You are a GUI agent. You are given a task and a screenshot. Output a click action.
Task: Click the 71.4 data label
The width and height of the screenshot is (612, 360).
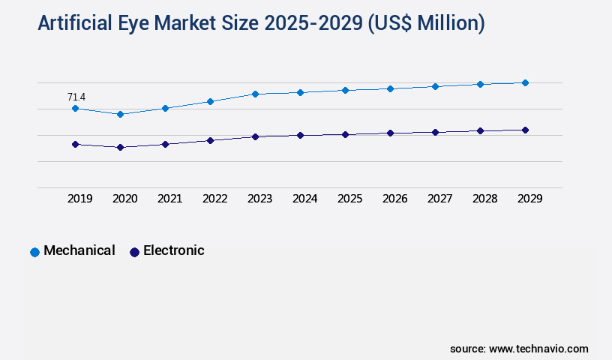pos(76,97)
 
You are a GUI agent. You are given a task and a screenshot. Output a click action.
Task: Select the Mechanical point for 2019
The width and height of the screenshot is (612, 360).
pos(75,109)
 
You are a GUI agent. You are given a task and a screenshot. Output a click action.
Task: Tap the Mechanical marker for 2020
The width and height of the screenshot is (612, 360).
pos(120,114)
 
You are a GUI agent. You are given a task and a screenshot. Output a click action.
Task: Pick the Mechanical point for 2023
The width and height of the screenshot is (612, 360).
pos(255,94)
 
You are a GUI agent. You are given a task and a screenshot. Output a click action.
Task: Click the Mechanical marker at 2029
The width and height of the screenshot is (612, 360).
pos(525,82)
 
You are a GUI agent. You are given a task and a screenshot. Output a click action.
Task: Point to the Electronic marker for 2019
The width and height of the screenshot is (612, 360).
pos(75,144)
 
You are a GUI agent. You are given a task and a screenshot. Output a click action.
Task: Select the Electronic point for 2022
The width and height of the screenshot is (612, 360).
pos(210,140)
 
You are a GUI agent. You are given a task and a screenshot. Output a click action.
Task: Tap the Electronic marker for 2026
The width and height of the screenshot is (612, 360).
pos(390,133)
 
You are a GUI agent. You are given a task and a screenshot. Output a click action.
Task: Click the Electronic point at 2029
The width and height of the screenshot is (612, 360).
pos(525,130)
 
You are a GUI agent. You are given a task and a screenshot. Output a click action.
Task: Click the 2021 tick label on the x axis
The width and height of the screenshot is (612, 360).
pos(169,199)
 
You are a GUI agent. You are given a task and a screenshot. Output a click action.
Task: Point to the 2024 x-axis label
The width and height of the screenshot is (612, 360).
pos(304,199)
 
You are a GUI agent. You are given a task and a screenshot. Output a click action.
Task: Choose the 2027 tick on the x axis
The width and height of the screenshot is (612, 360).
pos(439,199)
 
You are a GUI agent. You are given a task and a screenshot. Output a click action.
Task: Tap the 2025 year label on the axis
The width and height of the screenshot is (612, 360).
pos(349,199)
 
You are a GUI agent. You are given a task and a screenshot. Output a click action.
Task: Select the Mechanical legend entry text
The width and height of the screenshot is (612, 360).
pos(79,250)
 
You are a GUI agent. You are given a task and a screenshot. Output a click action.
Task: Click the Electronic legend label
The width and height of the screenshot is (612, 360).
pos(173,250)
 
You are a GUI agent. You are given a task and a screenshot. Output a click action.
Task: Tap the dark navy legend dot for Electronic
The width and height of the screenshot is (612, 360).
pos(134,252)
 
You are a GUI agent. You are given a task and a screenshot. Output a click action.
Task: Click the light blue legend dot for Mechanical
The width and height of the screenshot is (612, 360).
pos(34,252)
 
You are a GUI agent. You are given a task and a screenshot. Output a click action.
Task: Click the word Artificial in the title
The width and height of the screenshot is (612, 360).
pos(75,24)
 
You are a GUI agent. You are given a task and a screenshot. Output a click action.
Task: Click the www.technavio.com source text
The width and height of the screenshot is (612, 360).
pos(538,349)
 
